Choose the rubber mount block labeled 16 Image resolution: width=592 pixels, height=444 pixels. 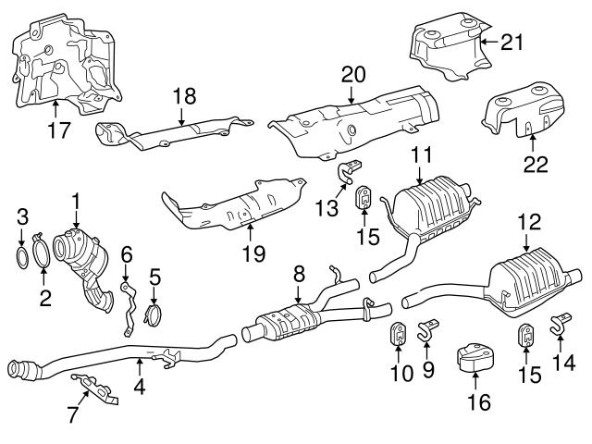[475, 360]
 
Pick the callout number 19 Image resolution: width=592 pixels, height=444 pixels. [250, 252]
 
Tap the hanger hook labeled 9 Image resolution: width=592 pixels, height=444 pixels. [426, 328]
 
